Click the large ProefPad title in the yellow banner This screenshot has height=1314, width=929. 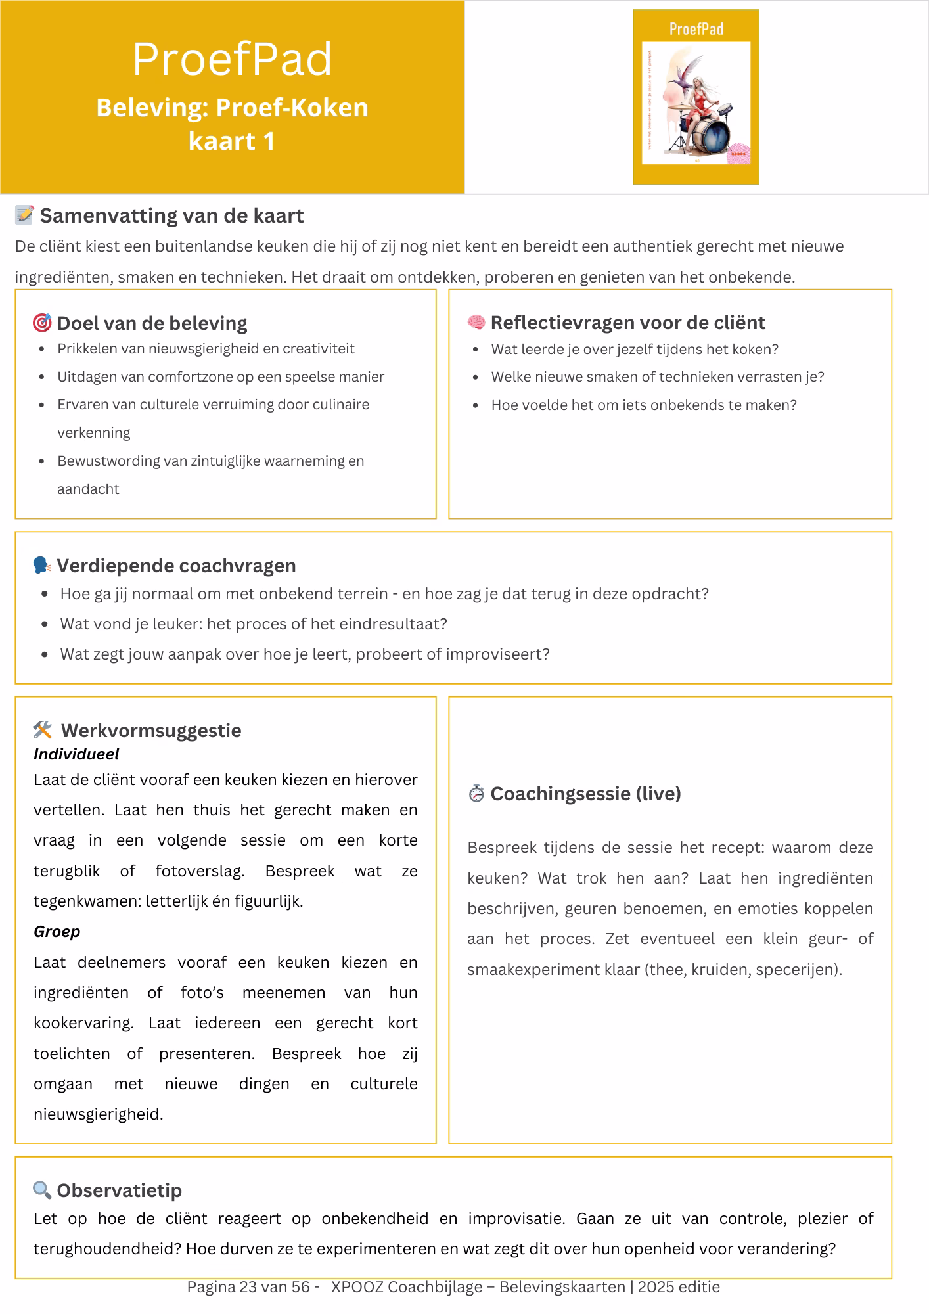[232, 59]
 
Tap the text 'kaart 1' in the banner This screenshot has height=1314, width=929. [232, 141]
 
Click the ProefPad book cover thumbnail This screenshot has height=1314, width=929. [696, 97]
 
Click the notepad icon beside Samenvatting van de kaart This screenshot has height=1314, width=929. [24, 215]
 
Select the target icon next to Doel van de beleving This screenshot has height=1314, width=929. [42, 323]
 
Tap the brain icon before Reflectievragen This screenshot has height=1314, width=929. [476, 323]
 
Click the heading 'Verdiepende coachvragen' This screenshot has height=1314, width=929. [176, 566]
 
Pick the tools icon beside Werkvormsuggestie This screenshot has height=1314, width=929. [43, 730]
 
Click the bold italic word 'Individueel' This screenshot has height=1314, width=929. [76, 754]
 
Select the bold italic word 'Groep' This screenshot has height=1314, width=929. [57, 932]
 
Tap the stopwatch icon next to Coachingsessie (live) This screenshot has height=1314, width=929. [476, 794]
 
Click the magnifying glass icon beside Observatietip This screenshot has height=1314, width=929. [42, 1190]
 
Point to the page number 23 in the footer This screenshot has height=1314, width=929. [248, 1287]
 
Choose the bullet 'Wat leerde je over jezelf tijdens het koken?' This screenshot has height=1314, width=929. [635, 350]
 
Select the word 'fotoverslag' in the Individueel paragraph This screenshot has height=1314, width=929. [199, 871]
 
